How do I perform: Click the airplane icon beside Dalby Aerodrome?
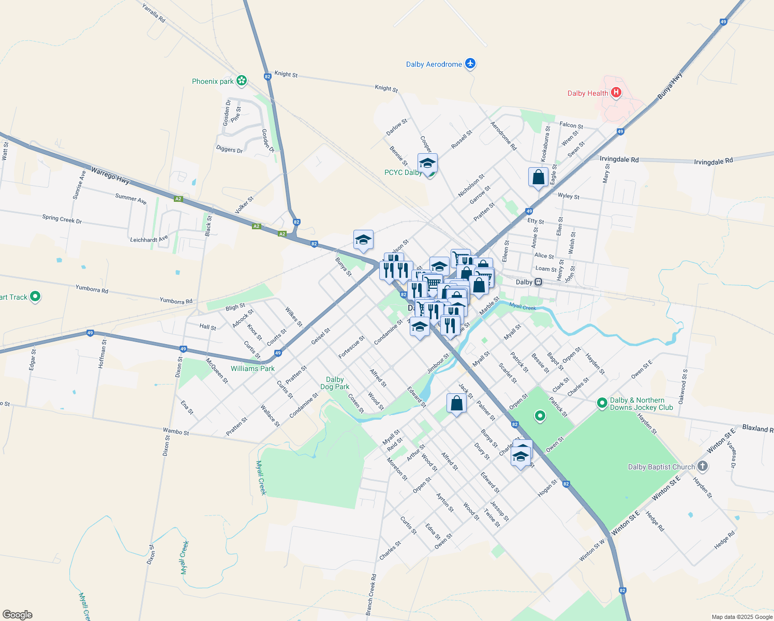click(x=470, y=64)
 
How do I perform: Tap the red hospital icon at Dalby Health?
click(x=616, y=93)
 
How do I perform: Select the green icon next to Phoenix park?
click(x=241, y=81)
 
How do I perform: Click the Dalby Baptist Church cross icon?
click(x=702, y=466)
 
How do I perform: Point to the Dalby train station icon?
click(x=539, y=282)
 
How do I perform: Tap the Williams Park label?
click(x=252, y=368)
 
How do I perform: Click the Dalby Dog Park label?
click(x=335, y=383)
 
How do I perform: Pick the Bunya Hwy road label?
click(x=671, y=86)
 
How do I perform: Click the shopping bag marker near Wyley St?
click(x=538, y=177)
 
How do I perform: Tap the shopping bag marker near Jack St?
click(x=456, y=403)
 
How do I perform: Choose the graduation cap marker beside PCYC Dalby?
click(x=427, y=163)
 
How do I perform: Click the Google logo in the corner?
click(x=18, y=615)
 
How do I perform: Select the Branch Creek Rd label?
click(x=371, y=594)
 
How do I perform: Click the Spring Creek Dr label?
click(x=62, y=219)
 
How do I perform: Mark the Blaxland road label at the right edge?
click(x=757, y=428)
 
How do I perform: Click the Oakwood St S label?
click(x=683, y=386)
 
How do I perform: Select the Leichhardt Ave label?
click(x=149, y=240)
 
